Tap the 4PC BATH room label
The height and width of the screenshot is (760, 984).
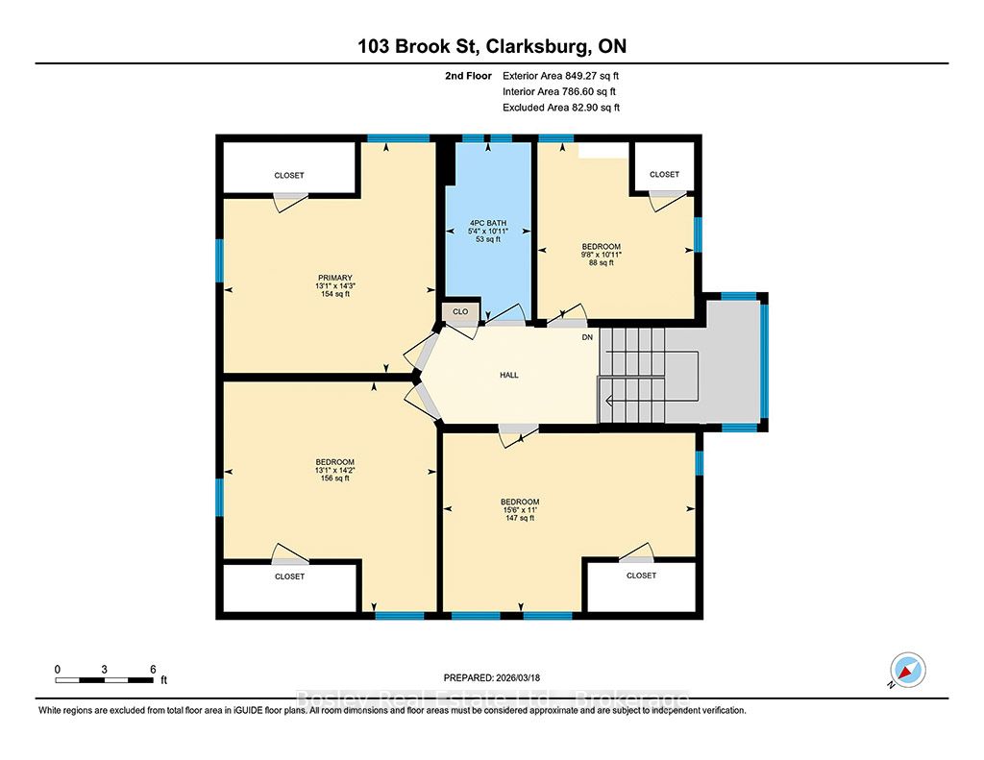coord(488,223)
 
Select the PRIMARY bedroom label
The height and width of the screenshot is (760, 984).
coord(334,278)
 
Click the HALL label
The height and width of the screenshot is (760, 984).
coord(509,375)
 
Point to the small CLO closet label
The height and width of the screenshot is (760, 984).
coord(460,311)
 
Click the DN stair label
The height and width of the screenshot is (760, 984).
coord(587,337)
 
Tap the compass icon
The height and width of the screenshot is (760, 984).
coord(908,670)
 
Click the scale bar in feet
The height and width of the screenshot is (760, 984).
coord(104,679)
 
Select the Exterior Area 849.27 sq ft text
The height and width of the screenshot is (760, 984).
coord(560,76)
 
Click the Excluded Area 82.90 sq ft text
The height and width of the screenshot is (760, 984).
coord(561,108)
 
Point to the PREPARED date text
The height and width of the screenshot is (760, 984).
coord(491,677)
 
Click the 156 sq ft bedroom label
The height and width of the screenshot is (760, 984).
coord(334,478)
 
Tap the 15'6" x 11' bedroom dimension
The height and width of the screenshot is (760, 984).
coord(520,510)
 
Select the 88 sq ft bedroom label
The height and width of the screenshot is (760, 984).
coord(602,263)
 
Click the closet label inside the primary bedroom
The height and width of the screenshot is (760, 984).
coord(288,175)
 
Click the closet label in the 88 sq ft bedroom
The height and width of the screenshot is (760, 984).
coord(664,174)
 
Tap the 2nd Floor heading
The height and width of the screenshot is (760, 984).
coord(468,76)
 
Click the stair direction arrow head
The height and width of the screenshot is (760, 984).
coord(608,401)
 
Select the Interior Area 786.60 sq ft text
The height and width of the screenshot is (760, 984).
coord(559,91)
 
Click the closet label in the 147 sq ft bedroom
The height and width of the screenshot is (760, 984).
coord(641,575)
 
